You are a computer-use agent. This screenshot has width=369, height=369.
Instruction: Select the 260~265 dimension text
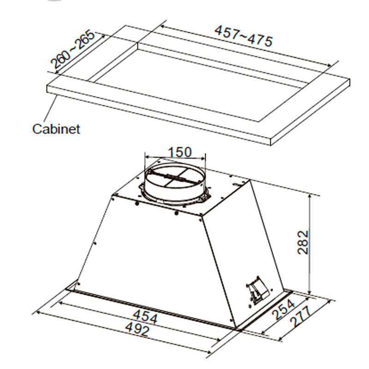[x=72, y=50]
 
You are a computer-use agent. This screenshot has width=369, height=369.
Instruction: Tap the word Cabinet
[x=56, y=128]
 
